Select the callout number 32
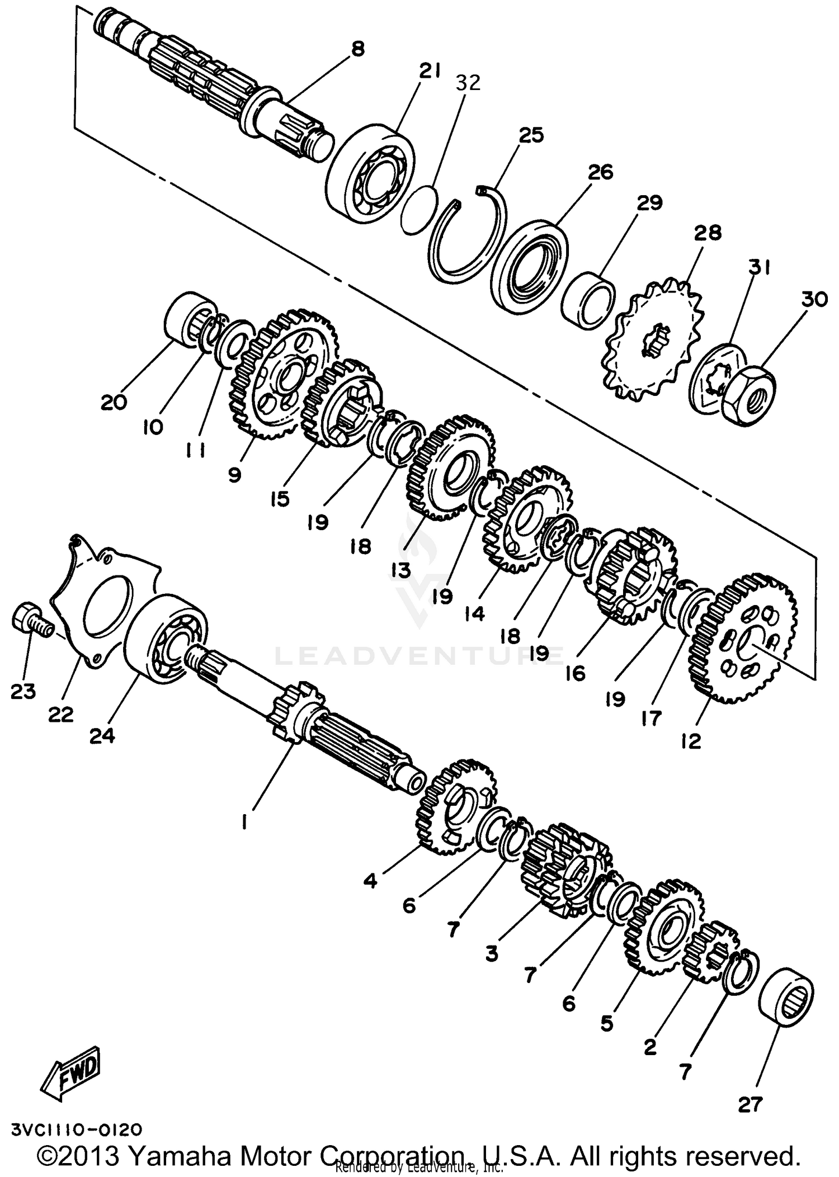(468, 83)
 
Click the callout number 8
(357, 49)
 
